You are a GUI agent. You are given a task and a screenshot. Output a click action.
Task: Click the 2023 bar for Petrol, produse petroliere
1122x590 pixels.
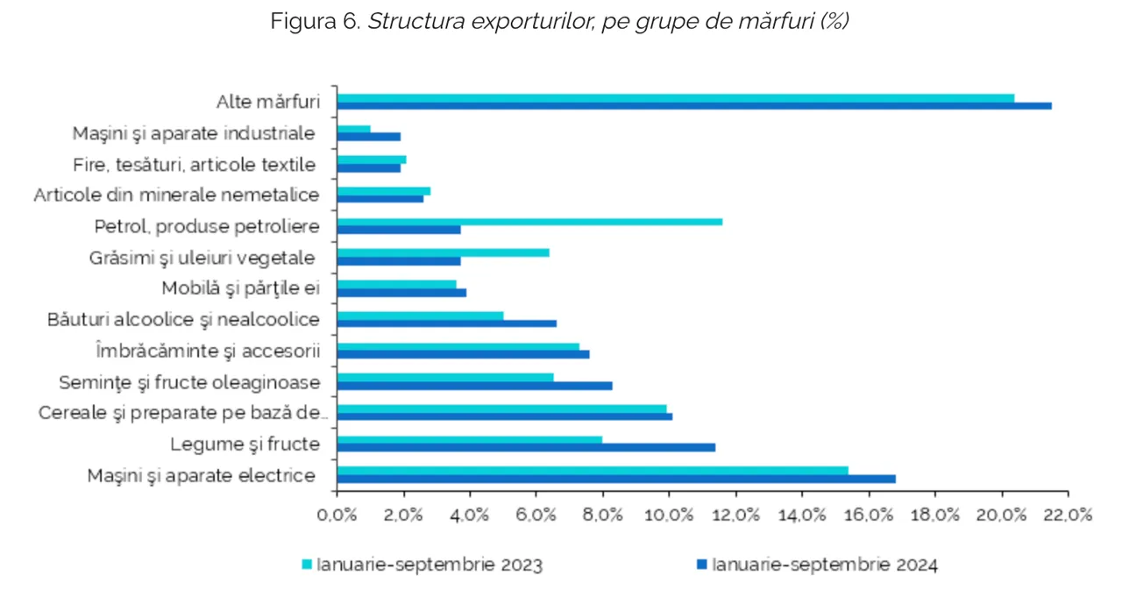point(529,221)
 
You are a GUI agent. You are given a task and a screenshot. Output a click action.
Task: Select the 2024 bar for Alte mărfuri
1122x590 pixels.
point(694,106)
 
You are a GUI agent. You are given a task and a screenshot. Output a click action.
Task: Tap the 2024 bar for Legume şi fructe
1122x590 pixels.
point(526,447)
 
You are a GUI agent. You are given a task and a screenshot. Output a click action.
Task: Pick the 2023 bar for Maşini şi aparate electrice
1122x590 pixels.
point(593,470)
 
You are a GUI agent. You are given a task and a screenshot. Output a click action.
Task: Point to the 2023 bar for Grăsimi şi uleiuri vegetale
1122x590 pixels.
point(443,252)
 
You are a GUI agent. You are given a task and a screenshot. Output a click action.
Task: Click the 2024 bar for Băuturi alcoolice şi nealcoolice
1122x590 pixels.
point(446,323)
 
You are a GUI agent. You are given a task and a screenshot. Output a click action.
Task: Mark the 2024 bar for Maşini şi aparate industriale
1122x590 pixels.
point(369,137)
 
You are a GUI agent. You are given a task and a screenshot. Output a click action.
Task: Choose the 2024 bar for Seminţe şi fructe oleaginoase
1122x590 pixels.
point(474,386)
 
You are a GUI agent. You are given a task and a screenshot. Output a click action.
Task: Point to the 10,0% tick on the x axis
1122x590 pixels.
point(669,515)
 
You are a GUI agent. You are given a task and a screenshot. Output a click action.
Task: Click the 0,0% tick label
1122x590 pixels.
point(337,515)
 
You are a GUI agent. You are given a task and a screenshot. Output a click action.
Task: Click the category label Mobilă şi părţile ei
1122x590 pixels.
point(241,288)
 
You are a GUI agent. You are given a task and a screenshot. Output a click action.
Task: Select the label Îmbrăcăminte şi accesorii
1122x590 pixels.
point(207,351)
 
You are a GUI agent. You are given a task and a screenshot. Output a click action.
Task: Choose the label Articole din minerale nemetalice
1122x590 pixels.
point(176,195)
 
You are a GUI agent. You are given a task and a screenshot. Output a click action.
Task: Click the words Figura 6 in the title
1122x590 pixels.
point(315,22)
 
